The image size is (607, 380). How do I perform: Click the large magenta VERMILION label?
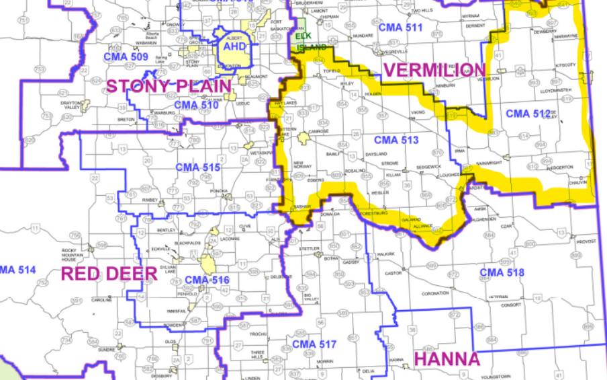point(434,69)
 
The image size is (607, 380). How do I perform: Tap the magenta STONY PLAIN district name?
point(169,85)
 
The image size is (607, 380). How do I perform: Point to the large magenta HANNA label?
point(447,358)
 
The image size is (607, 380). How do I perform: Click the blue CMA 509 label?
point(126,57)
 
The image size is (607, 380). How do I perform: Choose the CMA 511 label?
point(400,28)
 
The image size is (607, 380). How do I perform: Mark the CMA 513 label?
point(396,140)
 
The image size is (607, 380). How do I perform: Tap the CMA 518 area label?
point(502,272)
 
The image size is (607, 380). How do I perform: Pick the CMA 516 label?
point(207,280)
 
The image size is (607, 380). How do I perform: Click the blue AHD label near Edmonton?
point(236,46)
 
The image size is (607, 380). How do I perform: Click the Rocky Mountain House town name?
point(73,252)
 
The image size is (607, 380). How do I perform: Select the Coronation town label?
point(435,293)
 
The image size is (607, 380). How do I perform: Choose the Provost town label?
point(586,241)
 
